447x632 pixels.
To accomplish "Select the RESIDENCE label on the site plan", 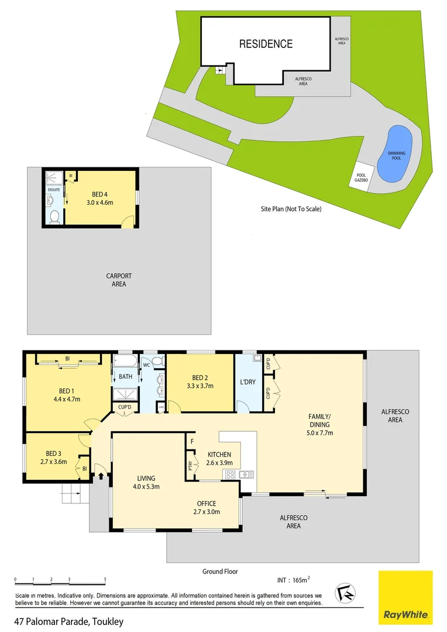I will pos(266,44).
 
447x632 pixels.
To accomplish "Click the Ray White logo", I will pos(405,597).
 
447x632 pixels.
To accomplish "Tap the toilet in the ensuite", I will pos(53,217).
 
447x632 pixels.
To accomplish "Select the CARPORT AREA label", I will pos(119,280).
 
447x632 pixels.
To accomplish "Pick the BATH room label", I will pos(126,377).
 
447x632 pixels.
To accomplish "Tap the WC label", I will pos(147,365).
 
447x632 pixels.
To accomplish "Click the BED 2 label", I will pos(200,377).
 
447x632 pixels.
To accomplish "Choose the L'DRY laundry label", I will pos(248,382).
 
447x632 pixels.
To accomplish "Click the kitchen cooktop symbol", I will pos(231,474).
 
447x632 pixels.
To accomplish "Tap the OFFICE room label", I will pos(207,503).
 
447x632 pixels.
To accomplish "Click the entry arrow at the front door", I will pos(100,476).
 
